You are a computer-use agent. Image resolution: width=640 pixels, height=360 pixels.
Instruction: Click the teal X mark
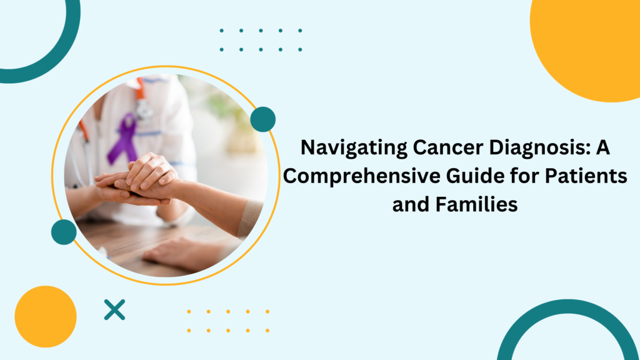114,309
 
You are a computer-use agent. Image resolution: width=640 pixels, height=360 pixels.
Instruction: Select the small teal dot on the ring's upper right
262,119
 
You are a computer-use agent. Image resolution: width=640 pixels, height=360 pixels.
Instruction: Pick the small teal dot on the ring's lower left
64,232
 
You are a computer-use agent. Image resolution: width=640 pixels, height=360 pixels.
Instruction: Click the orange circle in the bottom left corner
45,316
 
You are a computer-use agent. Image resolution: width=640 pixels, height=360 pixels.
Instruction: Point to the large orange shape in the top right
591,44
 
